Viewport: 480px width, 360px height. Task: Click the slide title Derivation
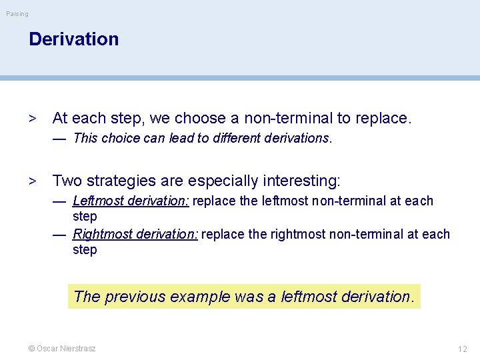tap(73, 39)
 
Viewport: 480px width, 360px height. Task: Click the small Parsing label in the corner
tap(18, 14)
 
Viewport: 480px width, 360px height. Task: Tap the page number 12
tap(463, 349)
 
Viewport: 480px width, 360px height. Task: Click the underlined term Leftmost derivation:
tap(131, 201)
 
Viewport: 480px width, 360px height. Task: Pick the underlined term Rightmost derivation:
tap(135, 234)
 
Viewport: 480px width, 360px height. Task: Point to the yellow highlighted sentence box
tap(244, 297)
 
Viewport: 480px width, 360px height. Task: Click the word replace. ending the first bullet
tap(383, 119)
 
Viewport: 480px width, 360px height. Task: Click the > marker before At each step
tap(32, 119)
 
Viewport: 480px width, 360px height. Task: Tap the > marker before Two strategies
tap(32, 181)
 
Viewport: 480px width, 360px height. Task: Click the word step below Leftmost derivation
tap(85, 217)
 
